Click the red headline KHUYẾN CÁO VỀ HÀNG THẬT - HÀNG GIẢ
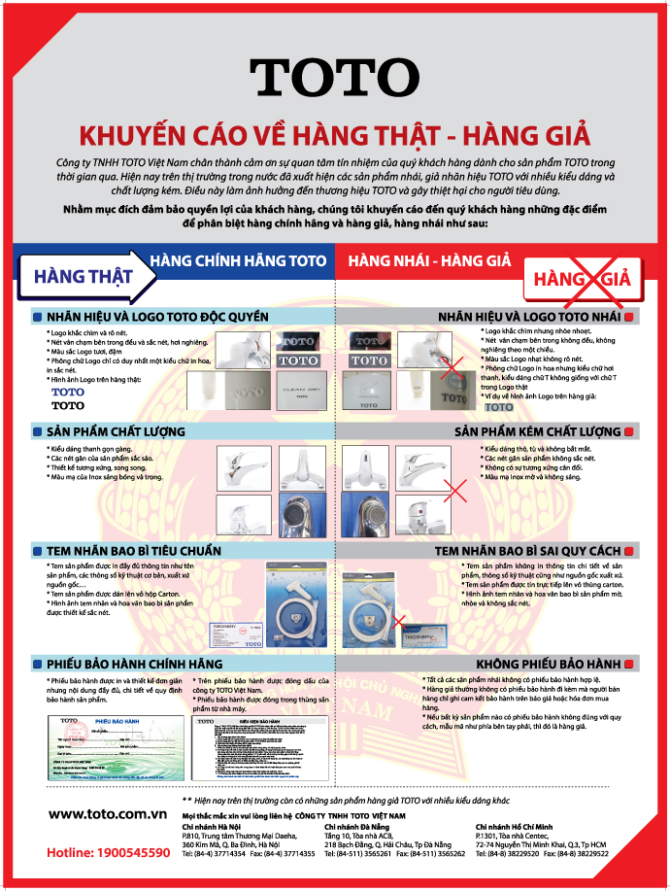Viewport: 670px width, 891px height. point(334,132)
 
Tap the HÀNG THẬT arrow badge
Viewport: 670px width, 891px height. point(85,274)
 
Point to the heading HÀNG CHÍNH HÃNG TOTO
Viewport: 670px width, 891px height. point(237,259)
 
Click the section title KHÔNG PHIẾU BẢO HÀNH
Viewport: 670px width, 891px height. point(553,664)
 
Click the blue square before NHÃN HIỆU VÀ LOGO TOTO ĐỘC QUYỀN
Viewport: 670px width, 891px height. point(37,317)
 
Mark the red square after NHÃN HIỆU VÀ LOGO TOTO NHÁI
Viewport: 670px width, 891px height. point(629,317)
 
